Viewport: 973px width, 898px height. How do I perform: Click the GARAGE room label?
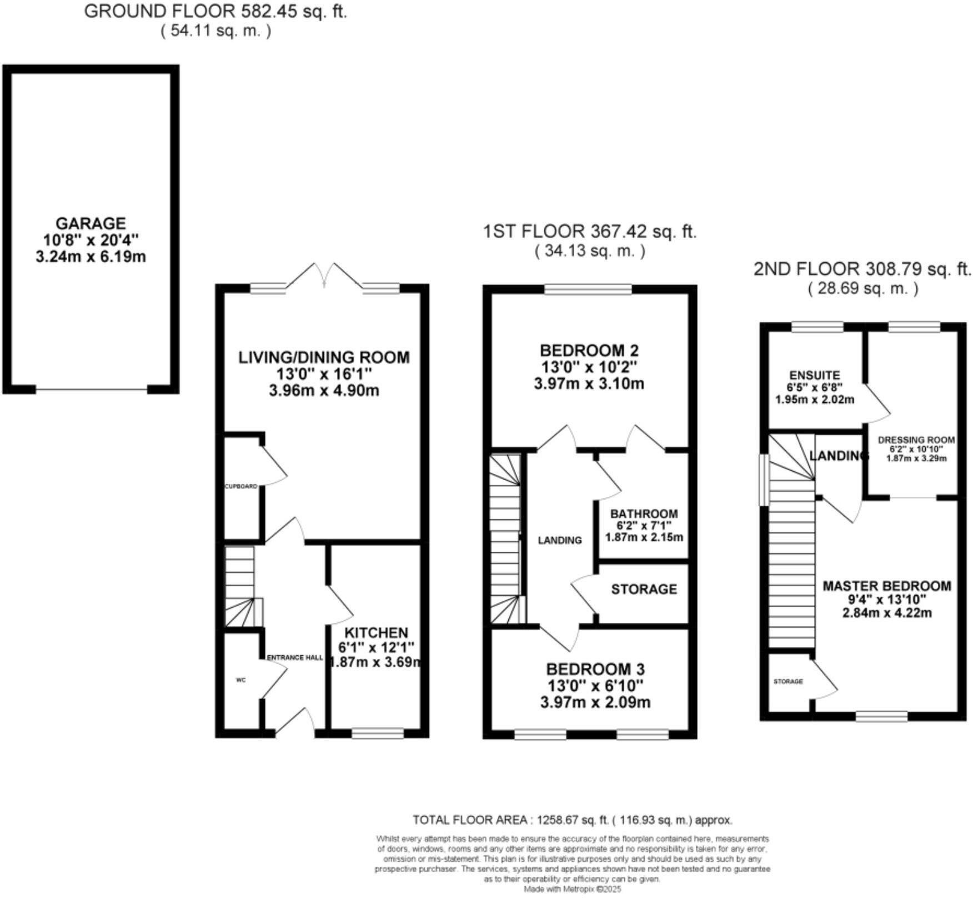click(91, 223)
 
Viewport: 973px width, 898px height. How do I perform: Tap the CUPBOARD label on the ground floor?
click(240, 486)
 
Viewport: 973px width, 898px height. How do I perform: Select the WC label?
click(240, 680)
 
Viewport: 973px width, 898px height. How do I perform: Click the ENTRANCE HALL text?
click(295, 657)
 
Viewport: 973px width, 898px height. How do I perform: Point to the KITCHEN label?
click(376, 632)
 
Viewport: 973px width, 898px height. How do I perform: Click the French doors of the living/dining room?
click(325, 277)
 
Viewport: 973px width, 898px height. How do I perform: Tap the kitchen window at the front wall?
click(378, 734)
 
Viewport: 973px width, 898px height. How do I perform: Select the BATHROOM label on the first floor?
click(644, 513)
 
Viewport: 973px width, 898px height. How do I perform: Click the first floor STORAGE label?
click(644, 589)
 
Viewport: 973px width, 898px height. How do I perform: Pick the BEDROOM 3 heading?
click(595, 668)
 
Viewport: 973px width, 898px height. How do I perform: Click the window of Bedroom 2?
click(588, 289)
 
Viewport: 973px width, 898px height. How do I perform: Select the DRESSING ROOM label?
click(916, 440)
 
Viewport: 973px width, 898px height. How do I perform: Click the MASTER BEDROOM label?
click(886, 586)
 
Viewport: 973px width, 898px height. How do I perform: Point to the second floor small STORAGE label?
click(788, 681)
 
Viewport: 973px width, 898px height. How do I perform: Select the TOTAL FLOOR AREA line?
click(572, 820)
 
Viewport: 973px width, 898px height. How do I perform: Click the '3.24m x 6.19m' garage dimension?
click(91, 257)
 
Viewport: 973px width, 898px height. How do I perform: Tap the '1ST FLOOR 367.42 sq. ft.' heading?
click(589, 231)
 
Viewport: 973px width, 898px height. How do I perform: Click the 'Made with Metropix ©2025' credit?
click(572, 889)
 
